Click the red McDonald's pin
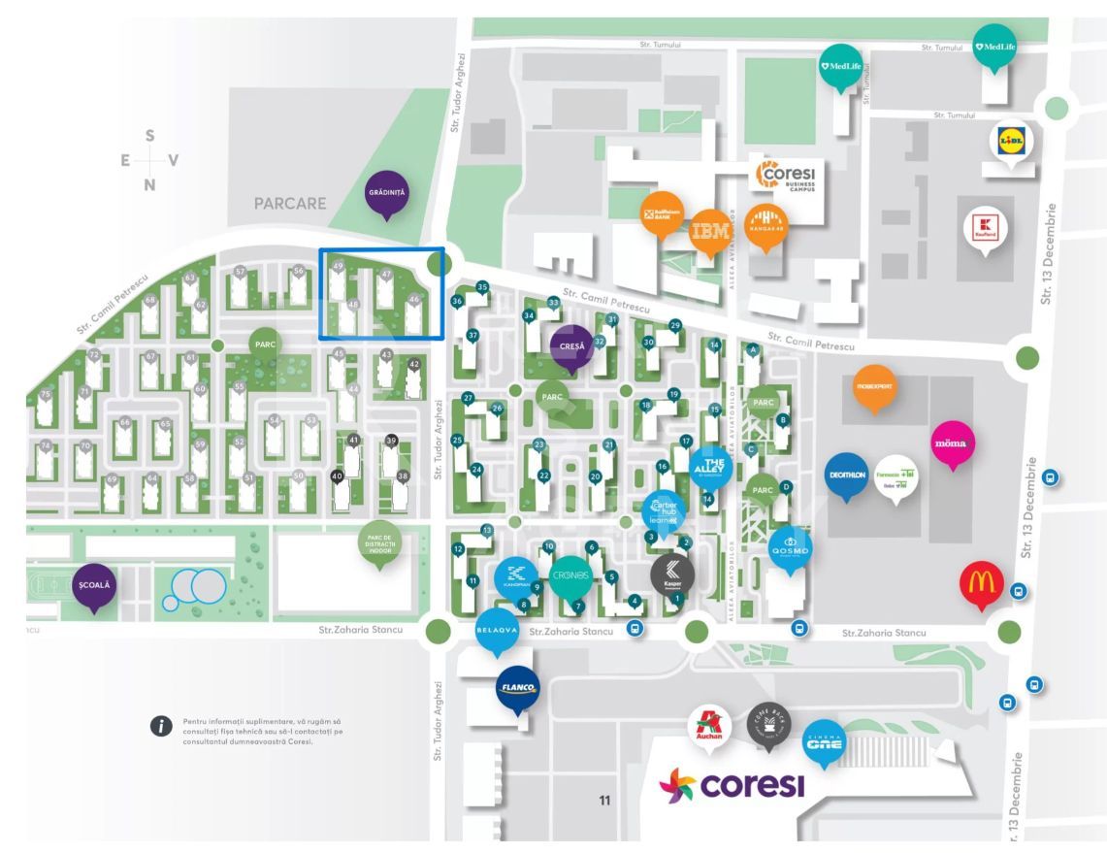(x=980, y=582)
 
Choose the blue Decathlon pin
(x=847, y=474)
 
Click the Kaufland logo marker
(x=986, y=230)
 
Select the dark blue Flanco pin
(x=516, y=687)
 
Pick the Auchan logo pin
(x=707, y=727)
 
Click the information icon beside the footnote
(x=161, y=727)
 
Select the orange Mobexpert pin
(x=874, y=385)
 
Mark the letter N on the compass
(x=149, y=184)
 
